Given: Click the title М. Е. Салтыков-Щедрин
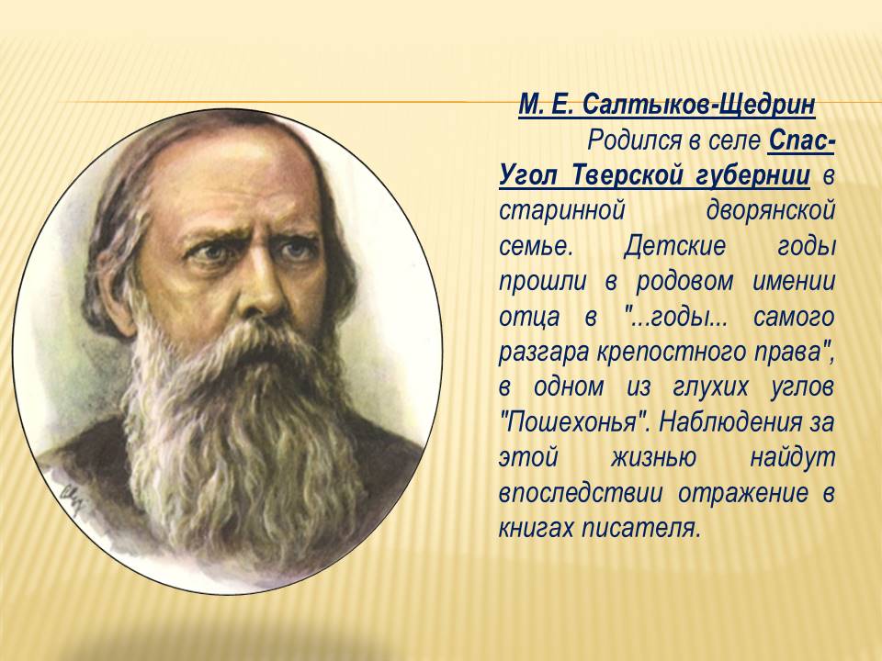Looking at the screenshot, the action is [667, 105].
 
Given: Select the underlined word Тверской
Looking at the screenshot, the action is [628, 175].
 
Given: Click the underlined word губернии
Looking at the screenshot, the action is [753, 177].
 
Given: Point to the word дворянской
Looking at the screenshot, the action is [771, 212].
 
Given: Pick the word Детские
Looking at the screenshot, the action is [674, 247].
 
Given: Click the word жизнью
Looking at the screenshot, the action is [653, 457].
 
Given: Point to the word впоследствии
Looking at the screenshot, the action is [581, 493].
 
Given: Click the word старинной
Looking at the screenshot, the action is [562, 212].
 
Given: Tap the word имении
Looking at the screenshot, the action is [794, 281].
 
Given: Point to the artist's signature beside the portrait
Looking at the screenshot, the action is [72, 498].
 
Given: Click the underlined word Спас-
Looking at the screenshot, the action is [801, 140].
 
